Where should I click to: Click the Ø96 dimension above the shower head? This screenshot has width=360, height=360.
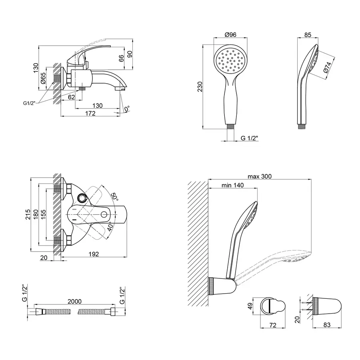coord(231,34)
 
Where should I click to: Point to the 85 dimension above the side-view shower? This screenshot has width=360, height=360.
coord(308,34)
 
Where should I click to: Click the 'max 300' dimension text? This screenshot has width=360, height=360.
coord(260,176)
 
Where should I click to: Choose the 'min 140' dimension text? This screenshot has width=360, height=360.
coord(232,185)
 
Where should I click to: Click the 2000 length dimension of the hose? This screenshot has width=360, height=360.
coord(74,302)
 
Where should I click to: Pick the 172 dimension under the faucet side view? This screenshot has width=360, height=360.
coord(90,114)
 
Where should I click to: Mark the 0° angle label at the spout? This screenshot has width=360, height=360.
coord(127,109)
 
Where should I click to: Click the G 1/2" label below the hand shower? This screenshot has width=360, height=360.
coord(249,138)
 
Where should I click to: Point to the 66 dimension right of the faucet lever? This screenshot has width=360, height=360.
coord(121,58)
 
